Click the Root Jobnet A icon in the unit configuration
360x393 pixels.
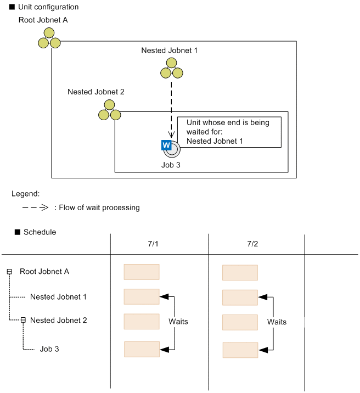[49, 37]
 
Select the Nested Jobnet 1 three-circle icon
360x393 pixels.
[171, 69]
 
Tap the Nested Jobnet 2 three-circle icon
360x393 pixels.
[109, 110]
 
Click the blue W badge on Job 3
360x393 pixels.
[167, 145]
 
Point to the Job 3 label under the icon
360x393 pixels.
[171, 164]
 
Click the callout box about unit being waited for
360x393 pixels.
[229, 132]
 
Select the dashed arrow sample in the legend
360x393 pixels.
[36, 207]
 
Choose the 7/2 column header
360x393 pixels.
[252, 244]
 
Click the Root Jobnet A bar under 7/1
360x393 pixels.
[142, 272]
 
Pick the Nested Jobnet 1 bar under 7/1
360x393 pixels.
[142, 296]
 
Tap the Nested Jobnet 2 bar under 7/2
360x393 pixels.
[240, 322]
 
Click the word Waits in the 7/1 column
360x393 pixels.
[178, 322]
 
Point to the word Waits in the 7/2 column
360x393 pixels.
[277, 322]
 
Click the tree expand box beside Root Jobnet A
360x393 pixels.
[9, 272]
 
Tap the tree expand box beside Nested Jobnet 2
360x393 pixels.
[23, 320]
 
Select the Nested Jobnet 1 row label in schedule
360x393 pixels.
[58, 297]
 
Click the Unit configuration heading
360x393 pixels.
[48, 7]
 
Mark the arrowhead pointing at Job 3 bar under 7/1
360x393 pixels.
[164, 349]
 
